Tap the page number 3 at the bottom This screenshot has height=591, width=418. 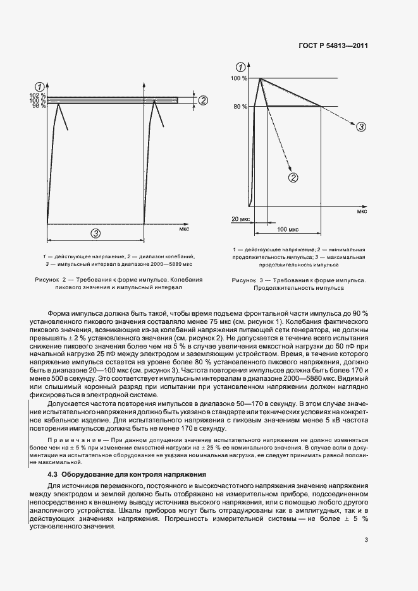366,539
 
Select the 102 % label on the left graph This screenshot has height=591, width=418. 38,95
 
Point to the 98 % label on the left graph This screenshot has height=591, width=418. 39,105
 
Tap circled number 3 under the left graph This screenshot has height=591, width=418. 95,233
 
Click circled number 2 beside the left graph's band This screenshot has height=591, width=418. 203,100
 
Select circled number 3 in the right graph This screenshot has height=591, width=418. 360,127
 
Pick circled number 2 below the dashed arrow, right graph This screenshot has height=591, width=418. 293,178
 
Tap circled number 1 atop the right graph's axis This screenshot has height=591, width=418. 240,67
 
